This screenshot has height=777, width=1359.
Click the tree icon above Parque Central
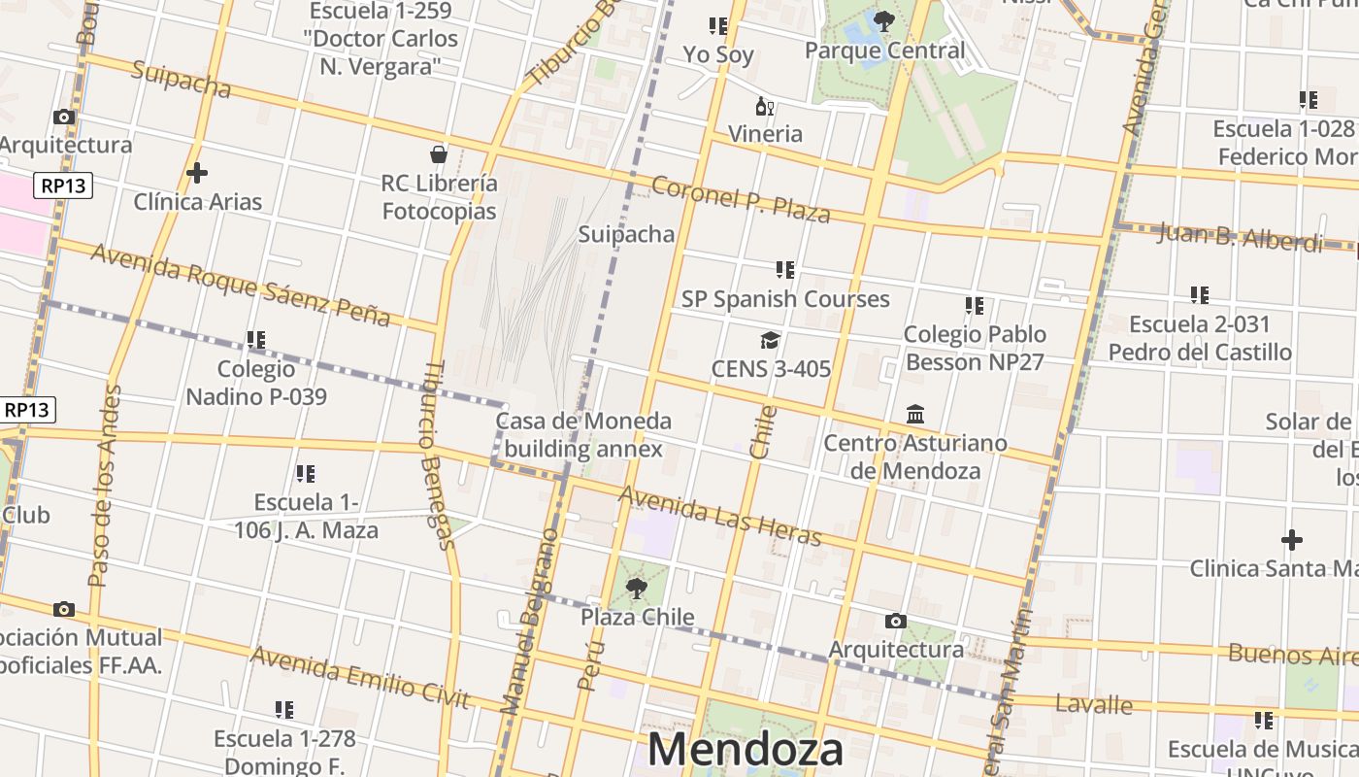pos(883,20)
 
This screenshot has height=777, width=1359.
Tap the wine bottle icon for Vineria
pos(765,107)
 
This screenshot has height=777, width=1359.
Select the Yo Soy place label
pos(718,54)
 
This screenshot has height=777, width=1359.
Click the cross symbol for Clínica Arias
pos(197,173)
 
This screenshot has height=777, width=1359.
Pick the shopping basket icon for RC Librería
pos(439,153)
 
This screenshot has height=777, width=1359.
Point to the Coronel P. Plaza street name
pos(741,199)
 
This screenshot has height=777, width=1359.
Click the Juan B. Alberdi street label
pos(1240,237)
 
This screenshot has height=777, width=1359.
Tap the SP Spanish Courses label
pos(785,299)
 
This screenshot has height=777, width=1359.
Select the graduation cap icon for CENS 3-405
pos(770,340)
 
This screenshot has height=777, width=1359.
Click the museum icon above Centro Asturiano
pos(915,415)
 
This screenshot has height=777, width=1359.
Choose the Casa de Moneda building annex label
pos(583,435)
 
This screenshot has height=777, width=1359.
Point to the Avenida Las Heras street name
pos(719,517)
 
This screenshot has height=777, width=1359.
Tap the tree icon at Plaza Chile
pos(637,588)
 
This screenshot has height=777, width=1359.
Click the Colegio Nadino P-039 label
pos(256,383)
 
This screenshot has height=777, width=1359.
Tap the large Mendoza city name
pos(745,751)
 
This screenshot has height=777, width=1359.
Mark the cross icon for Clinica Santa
pos(1292,539)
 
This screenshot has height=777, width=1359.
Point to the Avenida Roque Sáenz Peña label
pos(240,285)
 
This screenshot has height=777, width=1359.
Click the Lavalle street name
pos(1094,704)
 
